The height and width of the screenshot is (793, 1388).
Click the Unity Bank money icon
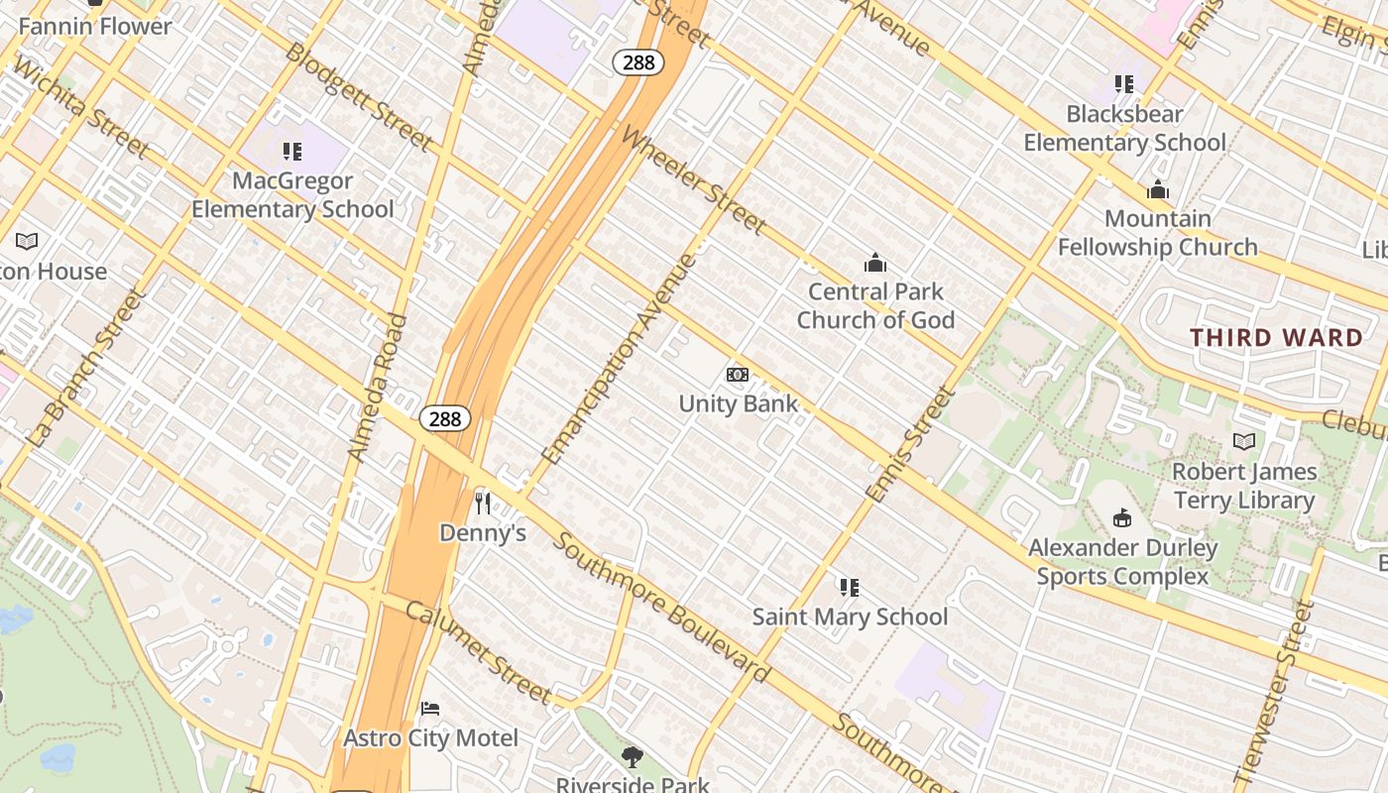tap(737, 375)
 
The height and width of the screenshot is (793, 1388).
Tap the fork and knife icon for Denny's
tap(483, 504)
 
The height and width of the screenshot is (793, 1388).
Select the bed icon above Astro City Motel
tap(430, 709)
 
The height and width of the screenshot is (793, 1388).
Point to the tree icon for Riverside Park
tap(632, 758)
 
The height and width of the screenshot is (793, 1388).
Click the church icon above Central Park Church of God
tap(874, 263)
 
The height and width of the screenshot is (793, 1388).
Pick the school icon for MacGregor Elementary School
tap(291, 152)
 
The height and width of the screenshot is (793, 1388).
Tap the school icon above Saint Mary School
tap(849, 588)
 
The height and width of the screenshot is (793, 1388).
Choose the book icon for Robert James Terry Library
tap(1243, 442)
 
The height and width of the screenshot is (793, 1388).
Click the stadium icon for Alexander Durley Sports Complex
tap(1122, 517)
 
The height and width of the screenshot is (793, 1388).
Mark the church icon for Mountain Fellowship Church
tap(1157, 190)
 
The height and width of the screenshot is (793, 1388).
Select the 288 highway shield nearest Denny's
tap(444, 418)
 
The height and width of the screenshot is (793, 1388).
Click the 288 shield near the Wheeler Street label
tap(638, 62)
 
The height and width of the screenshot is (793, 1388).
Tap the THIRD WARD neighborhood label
tap(1277, 337)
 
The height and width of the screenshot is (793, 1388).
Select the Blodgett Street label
tap(358, 96)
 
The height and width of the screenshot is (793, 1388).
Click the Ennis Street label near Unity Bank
tap(909, 444)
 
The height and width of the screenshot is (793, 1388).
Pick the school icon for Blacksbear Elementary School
tap(1123, 84)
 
